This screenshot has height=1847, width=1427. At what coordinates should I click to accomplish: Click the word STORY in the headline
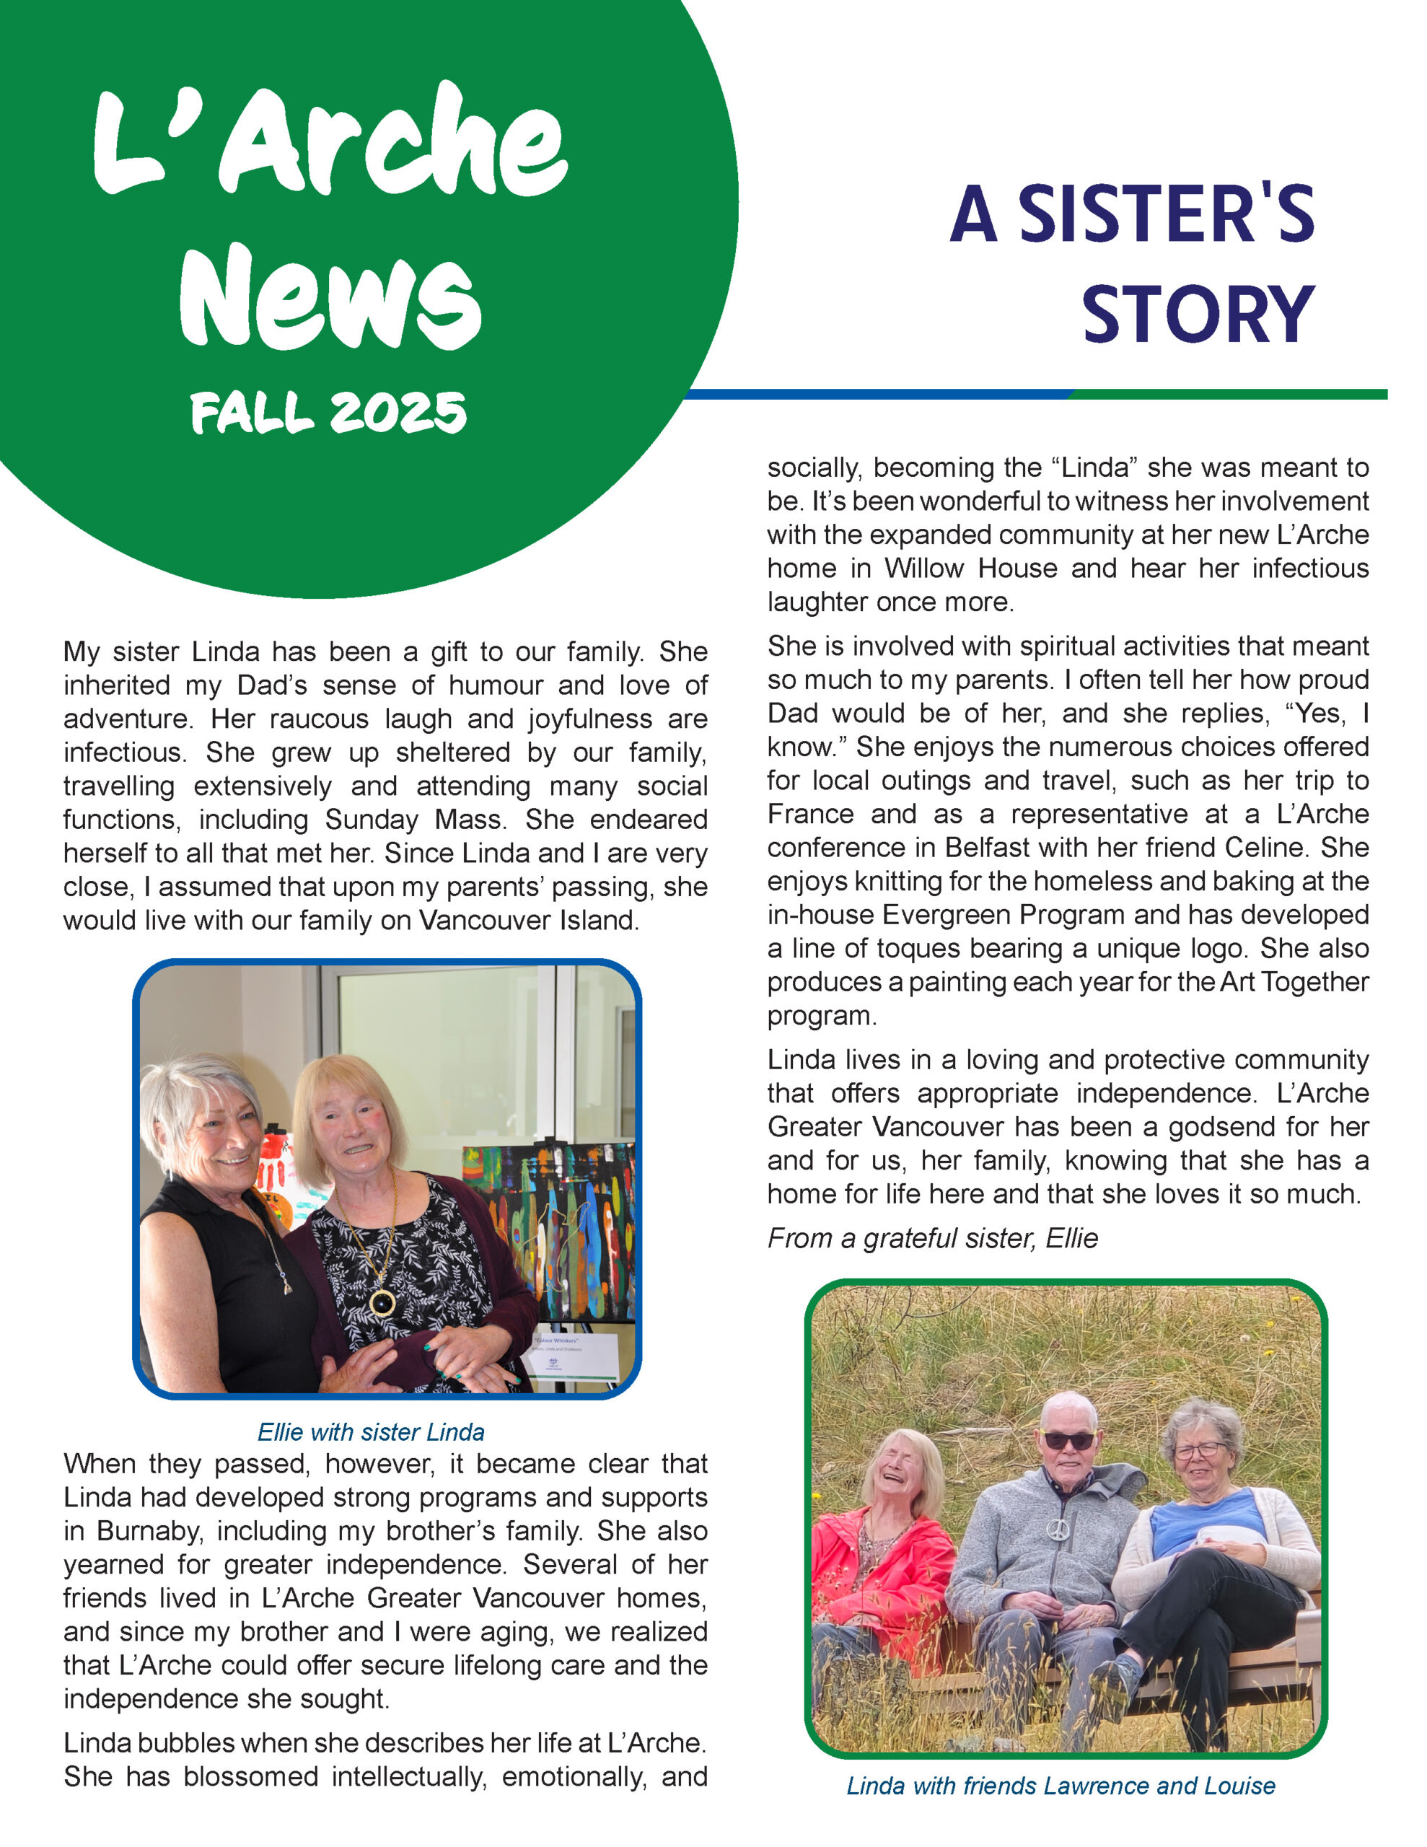[x=1198, y=315]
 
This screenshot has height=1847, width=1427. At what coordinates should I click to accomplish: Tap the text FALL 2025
[x=328, y=413]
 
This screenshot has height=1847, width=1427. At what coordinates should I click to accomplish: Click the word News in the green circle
[x=330, y=298]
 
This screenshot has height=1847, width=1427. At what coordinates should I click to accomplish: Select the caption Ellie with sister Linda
[x=371, y=1431]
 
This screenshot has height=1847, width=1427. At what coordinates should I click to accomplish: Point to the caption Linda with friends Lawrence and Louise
[x=1061, y=1785]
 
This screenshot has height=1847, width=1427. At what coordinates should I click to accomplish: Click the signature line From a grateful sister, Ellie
[x=932, y=1238]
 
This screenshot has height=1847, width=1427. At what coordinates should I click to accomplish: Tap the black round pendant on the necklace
[x=382, y=1303]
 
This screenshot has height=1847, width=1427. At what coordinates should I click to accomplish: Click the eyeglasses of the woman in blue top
[x=1200, y=1450]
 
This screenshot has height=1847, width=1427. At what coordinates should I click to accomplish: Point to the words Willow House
[x=971, y=568]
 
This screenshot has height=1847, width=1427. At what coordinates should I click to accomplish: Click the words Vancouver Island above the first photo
[x=529, y=920]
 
